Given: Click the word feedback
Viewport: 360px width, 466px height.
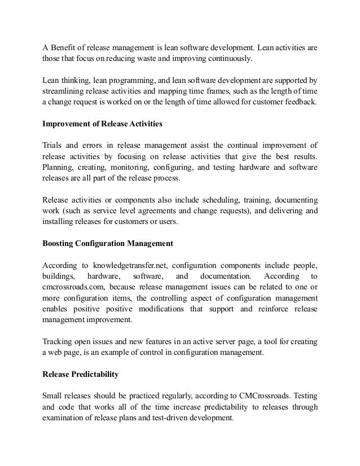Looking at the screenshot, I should click(x=300, y=102).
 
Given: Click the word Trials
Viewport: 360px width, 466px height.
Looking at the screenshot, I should click(x=55, y=144).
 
